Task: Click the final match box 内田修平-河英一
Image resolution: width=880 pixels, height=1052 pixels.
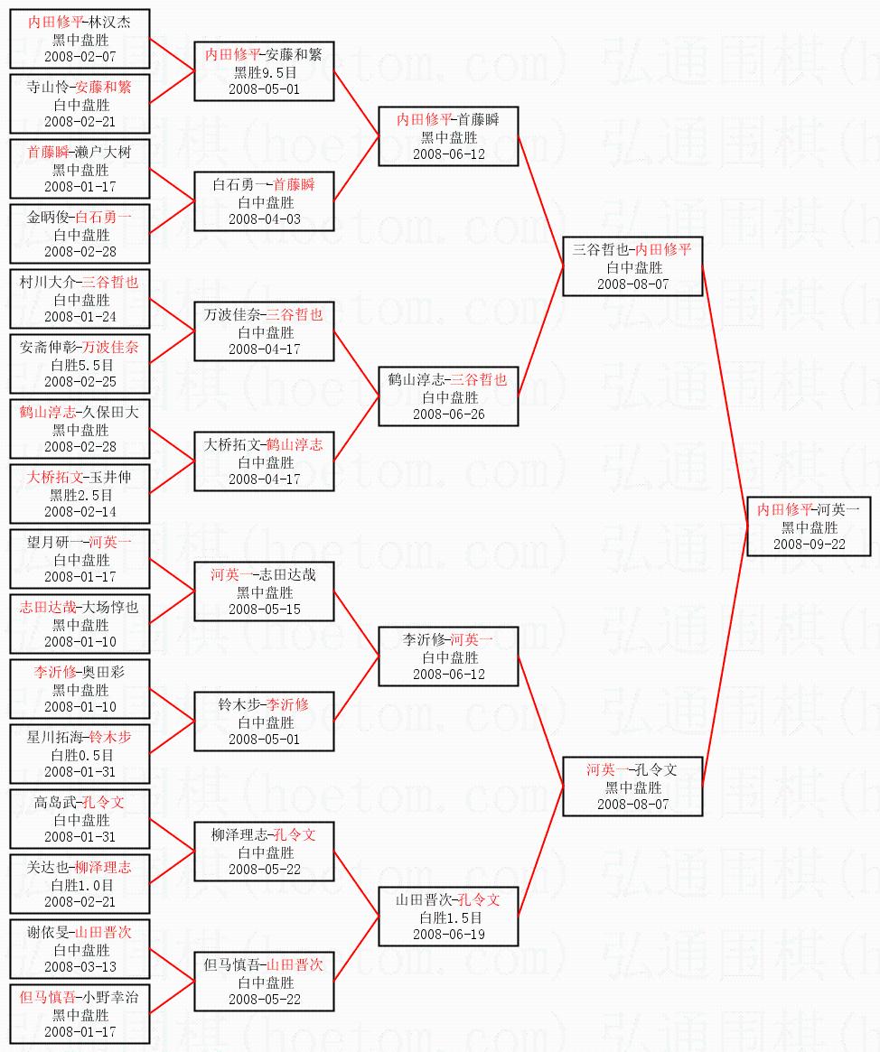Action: tap(809, 526)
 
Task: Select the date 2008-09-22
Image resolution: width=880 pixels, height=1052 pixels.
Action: tap(809, 544)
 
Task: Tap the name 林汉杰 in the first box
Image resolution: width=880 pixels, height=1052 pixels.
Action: tap(110, 23)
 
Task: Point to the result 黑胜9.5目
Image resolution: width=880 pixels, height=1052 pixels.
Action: tap(265, 72)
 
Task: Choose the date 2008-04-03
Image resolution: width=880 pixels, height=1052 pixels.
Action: tap(265, 219)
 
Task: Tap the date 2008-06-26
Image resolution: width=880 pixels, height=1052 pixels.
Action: tap(448, 414)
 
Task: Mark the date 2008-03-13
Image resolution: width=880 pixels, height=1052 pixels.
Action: tap(80, 966)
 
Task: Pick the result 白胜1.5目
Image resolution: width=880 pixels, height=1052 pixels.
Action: tap(448, 917)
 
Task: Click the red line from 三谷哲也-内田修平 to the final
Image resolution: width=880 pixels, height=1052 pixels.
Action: tap(725, 396)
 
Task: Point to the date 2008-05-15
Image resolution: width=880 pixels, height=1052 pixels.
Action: tap(265, 609)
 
